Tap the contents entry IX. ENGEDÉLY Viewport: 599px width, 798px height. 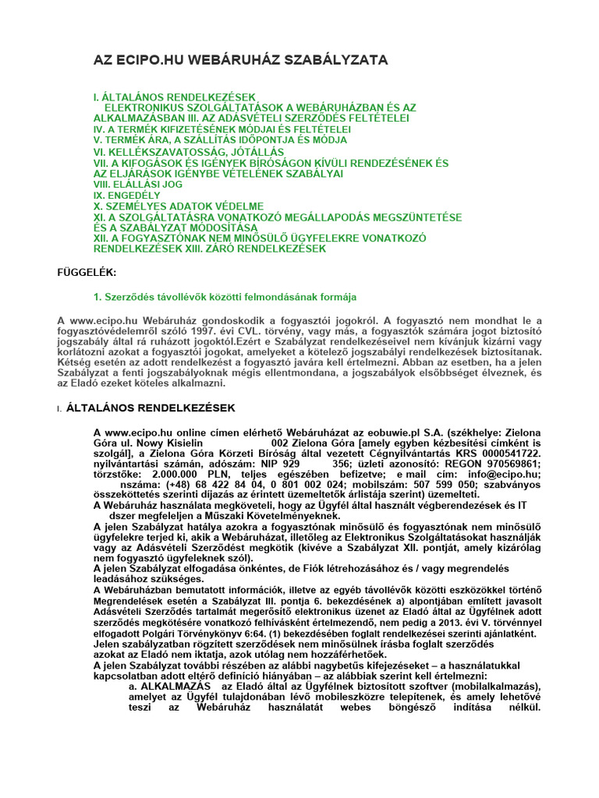pyautogui.click(x=126, y=195)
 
